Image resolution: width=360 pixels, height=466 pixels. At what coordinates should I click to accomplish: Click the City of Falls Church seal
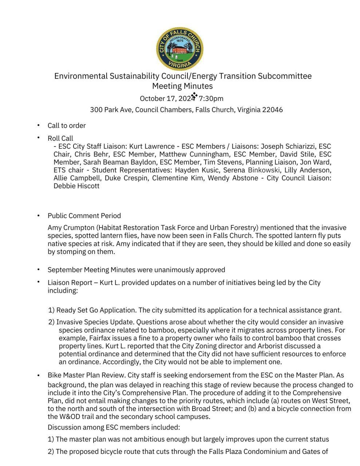(179, 49)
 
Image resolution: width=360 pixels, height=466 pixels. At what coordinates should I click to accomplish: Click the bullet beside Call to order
(38, 125)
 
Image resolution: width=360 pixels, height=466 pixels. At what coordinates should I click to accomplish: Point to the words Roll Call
(60, 138)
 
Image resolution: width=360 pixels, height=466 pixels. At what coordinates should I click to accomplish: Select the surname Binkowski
(264, 170)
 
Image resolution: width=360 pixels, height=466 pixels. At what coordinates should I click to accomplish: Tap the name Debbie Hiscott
(76, 186)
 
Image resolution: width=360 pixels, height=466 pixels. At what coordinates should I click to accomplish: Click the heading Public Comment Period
(84, 216)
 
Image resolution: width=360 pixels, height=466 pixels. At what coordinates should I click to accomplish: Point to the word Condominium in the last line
(265, 452)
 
